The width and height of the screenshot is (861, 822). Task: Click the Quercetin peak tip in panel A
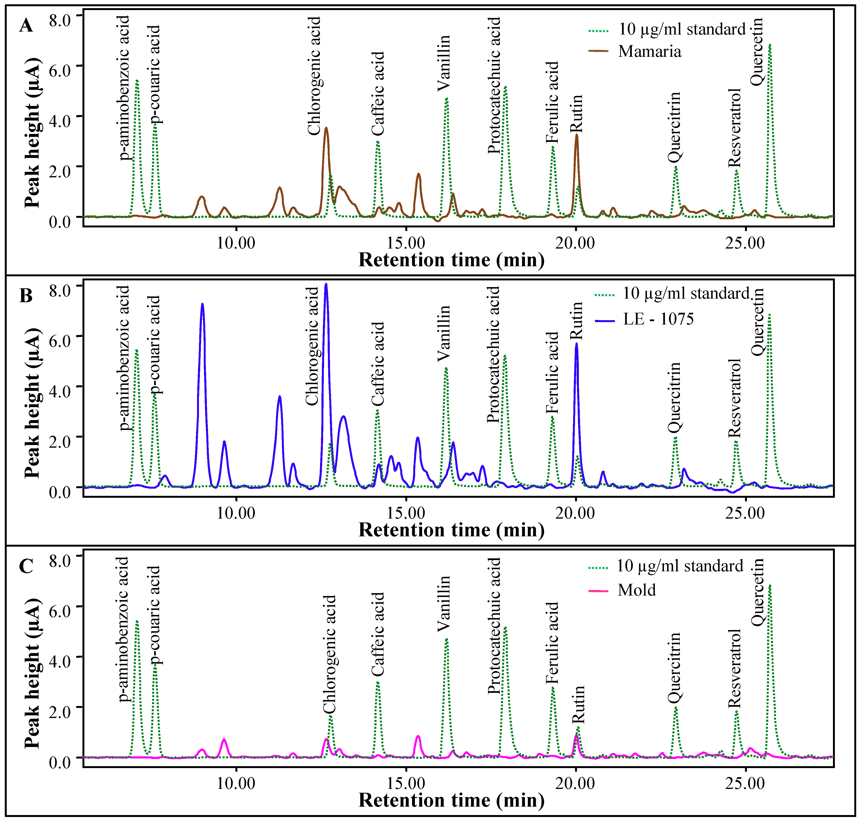coord(769,45)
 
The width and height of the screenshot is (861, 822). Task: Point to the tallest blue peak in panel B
coord(326,284)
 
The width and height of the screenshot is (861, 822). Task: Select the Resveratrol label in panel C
coord(734,668)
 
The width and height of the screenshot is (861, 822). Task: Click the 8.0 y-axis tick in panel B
coord(60,290)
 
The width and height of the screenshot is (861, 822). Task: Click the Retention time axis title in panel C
coord(451,800)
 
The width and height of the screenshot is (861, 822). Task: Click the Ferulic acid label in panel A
coord(552,102)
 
